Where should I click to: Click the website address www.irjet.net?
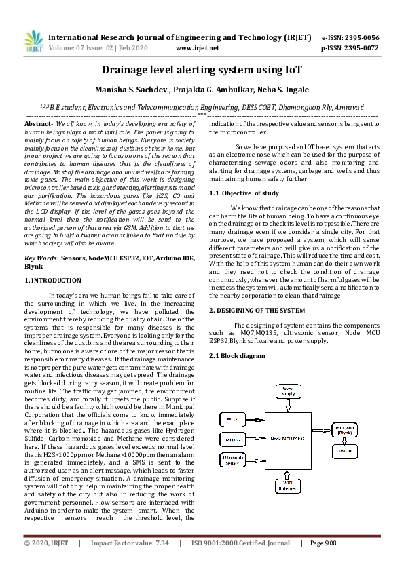pos(197,48)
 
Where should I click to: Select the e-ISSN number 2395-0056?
pos(360,37)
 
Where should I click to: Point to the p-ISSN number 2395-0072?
pos(360,48)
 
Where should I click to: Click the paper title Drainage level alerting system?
pos(202,70)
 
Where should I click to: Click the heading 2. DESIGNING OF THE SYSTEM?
pos(257,310)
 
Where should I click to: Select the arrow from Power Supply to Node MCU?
pos(289,406)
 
